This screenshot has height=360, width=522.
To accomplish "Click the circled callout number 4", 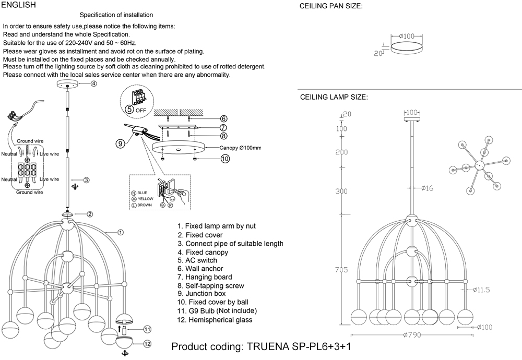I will (x=94, y=83).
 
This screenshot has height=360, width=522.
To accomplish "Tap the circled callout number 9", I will (x=120, y=143).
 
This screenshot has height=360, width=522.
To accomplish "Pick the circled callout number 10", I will (x=225, y=159).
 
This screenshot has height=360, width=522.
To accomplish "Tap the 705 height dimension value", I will (x=341, y=270).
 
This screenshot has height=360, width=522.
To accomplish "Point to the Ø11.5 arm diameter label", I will (x=481, y=290).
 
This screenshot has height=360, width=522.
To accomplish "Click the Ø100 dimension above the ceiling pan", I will (x=406, y=36).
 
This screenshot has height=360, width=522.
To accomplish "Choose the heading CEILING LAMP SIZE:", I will (x=334, y=98).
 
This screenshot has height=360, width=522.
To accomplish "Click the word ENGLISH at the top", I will (x=19, y=5).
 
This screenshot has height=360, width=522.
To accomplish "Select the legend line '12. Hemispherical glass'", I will (x=215, y=319).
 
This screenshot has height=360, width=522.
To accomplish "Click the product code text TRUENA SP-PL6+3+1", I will (x=302, y=347).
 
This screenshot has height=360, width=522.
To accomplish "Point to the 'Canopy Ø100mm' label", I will (x=240, y=148).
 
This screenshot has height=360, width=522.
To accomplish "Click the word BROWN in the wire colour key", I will (x=146, y=206).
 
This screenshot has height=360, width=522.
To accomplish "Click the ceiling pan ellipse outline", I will (x=406, y=48).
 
